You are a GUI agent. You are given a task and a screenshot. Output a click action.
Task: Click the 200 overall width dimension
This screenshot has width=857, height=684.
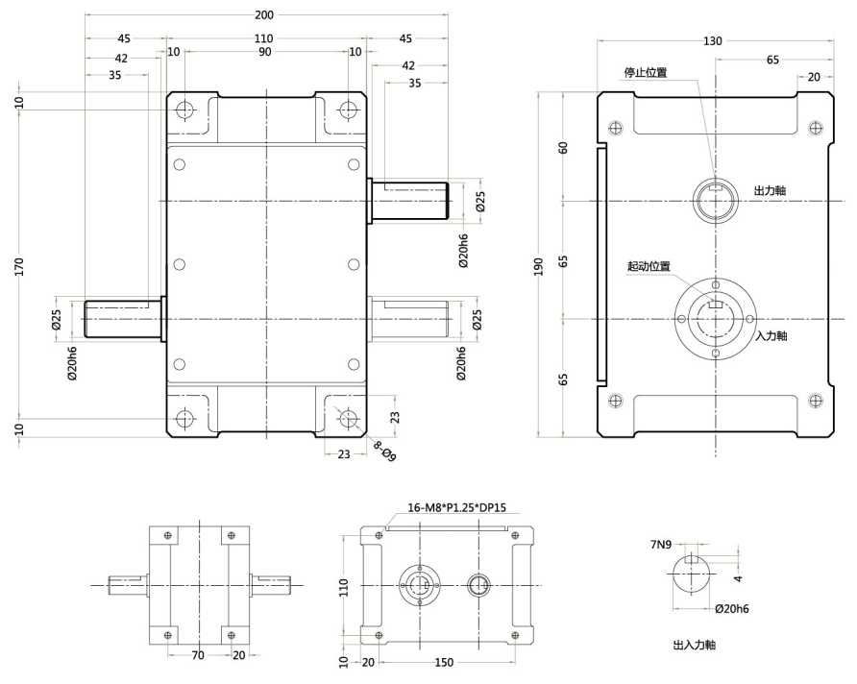(x=264, y=14)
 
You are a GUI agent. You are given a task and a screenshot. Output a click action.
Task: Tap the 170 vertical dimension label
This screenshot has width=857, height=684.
(x=19, y=266)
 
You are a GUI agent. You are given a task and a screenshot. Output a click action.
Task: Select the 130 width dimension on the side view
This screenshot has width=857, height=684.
(x=712, y=41)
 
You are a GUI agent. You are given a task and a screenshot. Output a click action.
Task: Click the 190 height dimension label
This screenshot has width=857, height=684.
(x=539, y=266)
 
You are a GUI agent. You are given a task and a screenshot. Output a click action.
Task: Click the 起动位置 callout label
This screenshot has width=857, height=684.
(x=649, y=267)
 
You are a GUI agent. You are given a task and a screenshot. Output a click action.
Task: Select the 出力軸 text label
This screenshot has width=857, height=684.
(x=770, y=190)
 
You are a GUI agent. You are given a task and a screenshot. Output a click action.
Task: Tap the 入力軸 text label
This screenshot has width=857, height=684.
(x=771, y=335)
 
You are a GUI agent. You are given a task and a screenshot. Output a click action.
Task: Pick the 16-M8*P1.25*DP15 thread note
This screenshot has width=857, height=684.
(x=457, y=507)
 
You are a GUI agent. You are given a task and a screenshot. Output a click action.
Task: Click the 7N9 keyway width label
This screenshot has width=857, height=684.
(x=661, y=544)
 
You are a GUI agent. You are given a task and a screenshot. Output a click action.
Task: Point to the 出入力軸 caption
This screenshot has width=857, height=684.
(x=694, y=645)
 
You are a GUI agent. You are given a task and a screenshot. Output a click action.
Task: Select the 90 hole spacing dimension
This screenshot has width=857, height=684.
(x=264, y=52)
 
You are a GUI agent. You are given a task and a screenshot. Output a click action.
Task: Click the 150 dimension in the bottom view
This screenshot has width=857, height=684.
(x=444, y=662)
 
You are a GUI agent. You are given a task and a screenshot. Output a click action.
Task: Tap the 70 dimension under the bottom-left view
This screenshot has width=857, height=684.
(x=198, y=655)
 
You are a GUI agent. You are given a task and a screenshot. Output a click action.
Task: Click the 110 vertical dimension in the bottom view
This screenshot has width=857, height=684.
(x=343, y=587)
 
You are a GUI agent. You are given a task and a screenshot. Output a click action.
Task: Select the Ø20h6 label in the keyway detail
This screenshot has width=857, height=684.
(x=732, y=609)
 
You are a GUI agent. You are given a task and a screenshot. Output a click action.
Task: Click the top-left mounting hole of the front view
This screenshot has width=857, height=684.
(x=184, y=110)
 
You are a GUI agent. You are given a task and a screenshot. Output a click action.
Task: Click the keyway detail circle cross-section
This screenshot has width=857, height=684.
(x=692, y=574)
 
